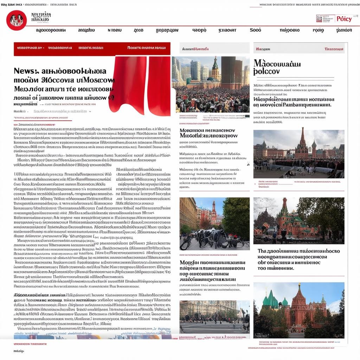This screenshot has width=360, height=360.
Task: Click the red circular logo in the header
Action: point(17,20)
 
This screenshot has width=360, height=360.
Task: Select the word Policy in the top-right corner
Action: point(344,19)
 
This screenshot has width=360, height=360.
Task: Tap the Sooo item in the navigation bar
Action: point(255,30)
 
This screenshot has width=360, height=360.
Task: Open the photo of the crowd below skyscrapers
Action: point(211,85)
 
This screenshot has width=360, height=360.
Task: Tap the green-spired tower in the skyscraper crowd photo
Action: point(215,69)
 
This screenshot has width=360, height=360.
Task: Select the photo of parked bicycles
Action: point(214,224)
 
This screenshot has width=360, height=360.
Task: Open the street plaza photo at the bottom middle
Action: point(214,316)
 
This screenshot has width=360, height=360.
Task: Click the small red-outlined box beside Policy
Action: point(325,19)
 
